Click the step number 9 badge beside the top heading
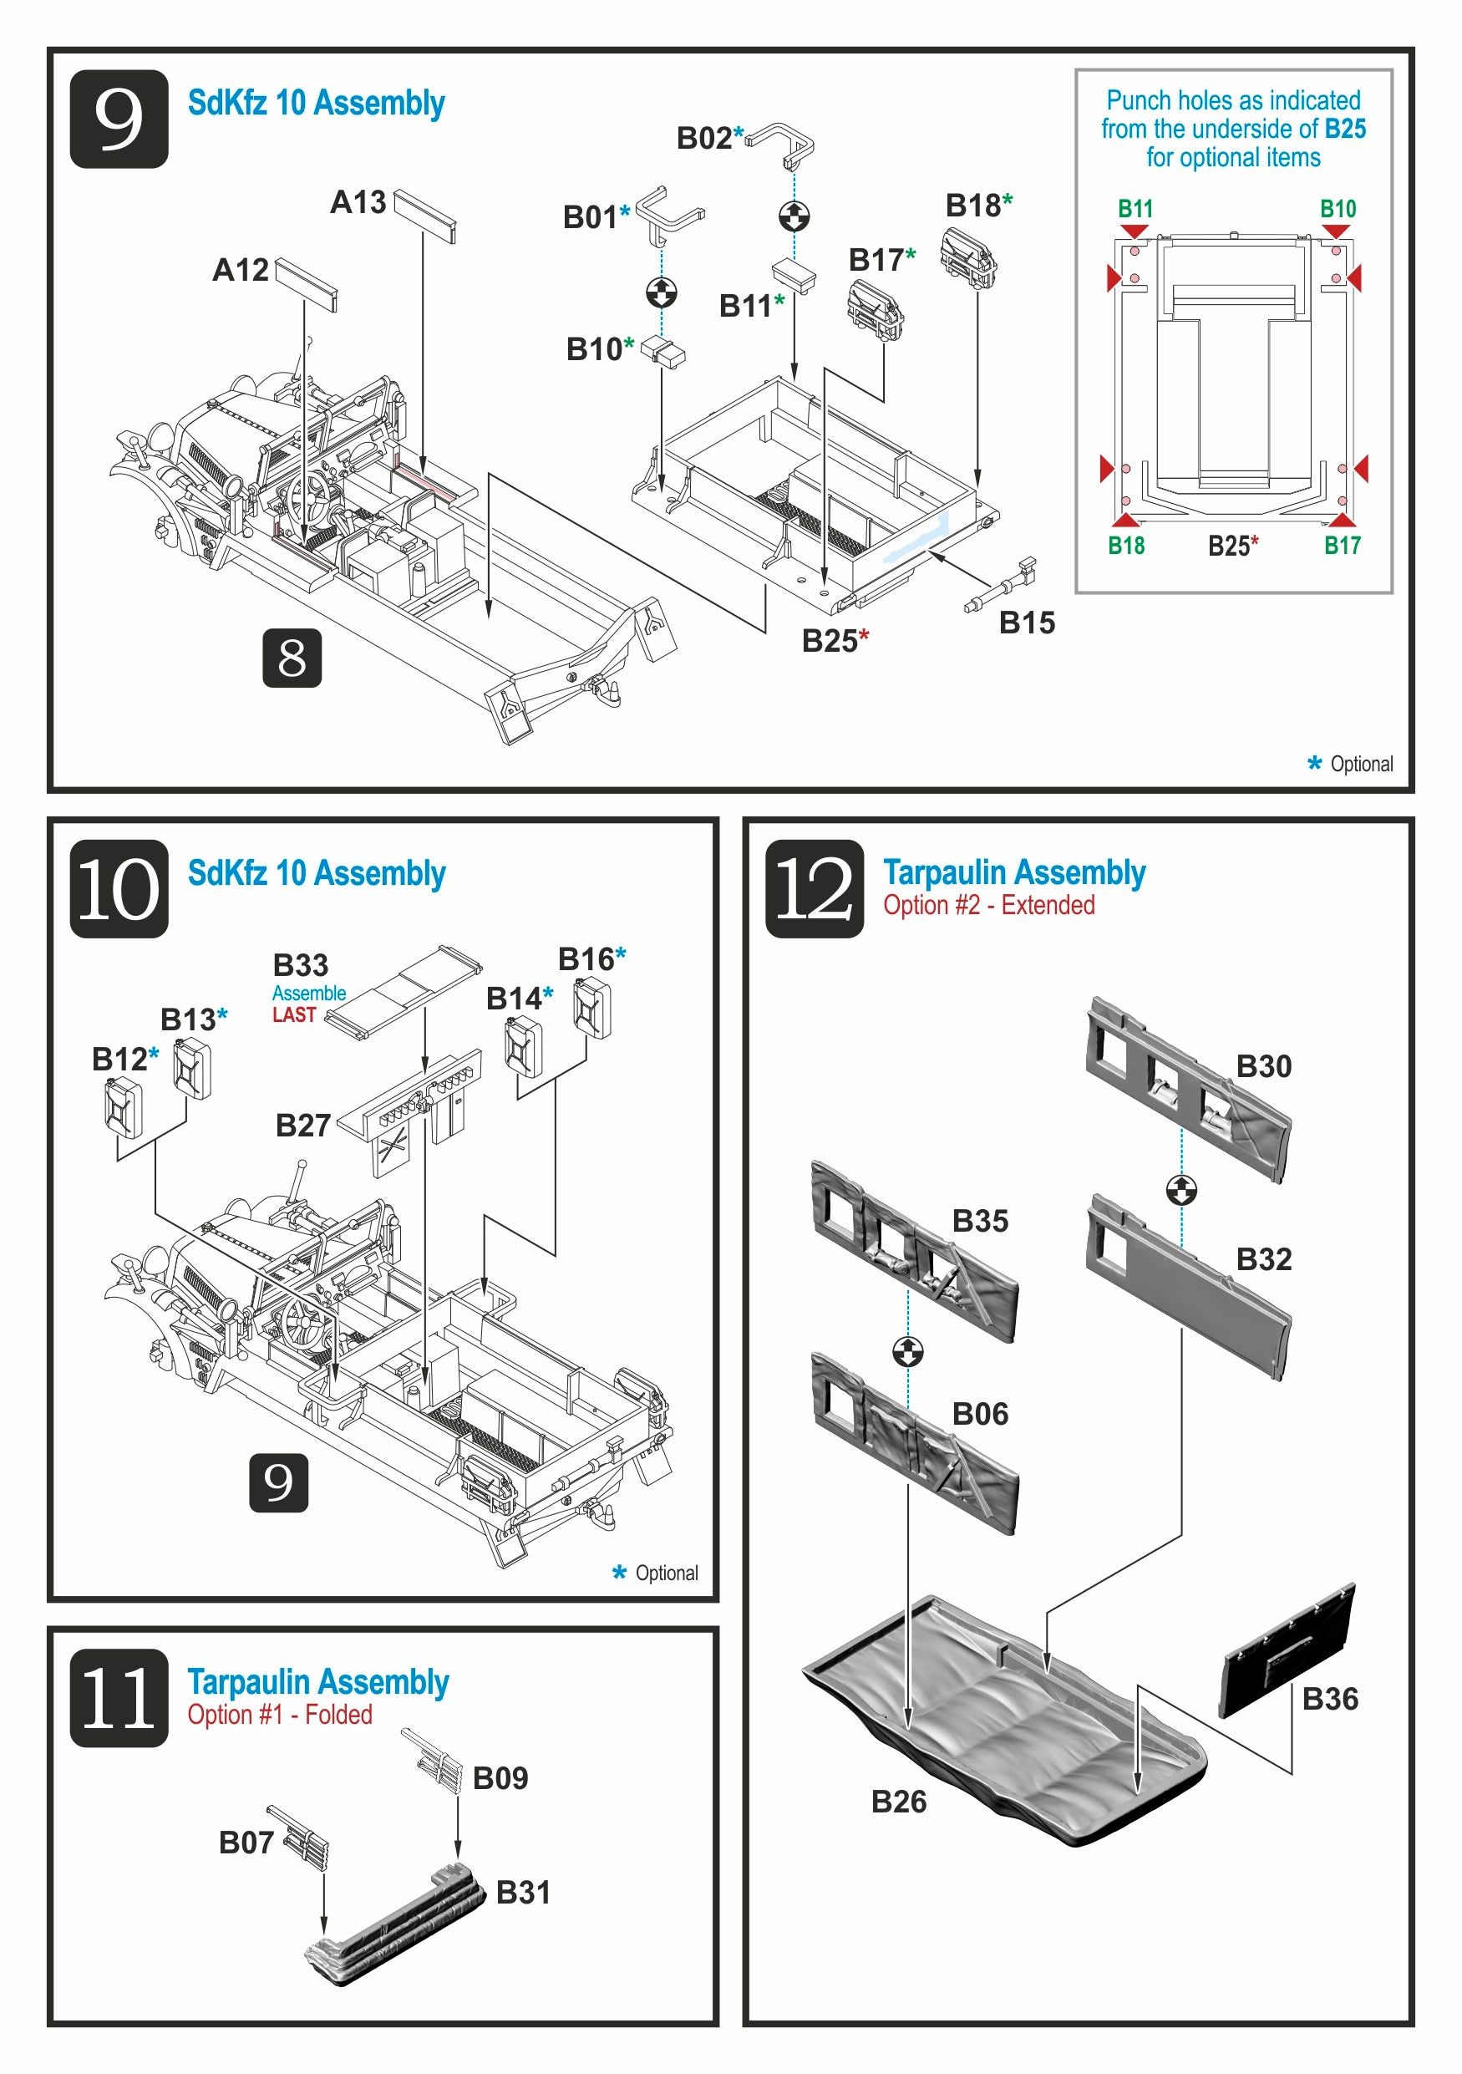coord(119,119)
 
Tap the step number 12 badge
coord(814,888)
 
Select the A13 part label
coord(358,202)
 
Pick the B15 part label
coord(1026,623)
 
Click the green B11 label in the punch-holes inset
coord(1135,209)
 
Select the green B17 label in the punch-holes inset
coord(1342,546)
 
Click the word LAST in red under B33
coord(294,1015)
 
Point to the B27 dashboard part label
coord(302,1126)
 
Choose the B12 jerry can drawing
coord(123,1106)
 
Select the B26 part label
coord(899,1802)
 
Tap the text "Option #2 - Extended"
coord(989,905)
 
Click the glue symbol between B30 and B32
coord(1181,1190)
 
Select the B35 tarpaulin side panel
coord(912,1257)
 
